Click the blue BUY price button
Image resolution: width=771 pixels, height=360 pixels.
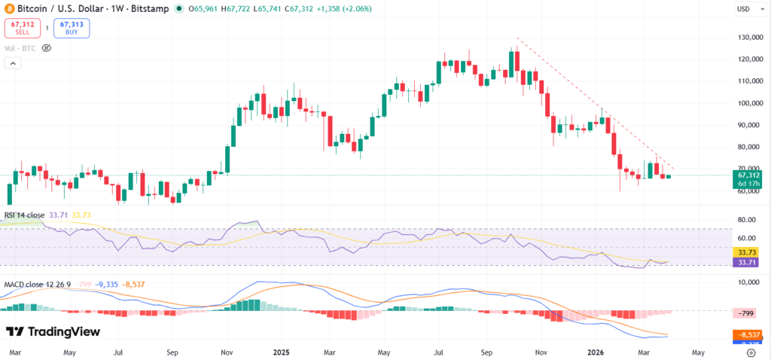click(72, 29)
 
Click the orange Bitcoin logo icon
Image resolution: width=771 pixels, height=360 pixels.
click(10, 9)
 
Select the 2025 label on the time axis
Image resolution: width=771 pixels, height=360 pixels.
click(282, 352)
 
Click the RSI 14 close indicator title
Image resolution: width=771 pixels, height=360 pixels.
click(25, 215)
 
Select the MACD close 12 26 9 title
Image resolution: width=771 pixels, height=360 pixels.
click(37, 283)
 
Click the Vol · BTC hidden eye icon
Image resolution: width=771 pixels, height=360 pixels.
click(46, 47)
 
